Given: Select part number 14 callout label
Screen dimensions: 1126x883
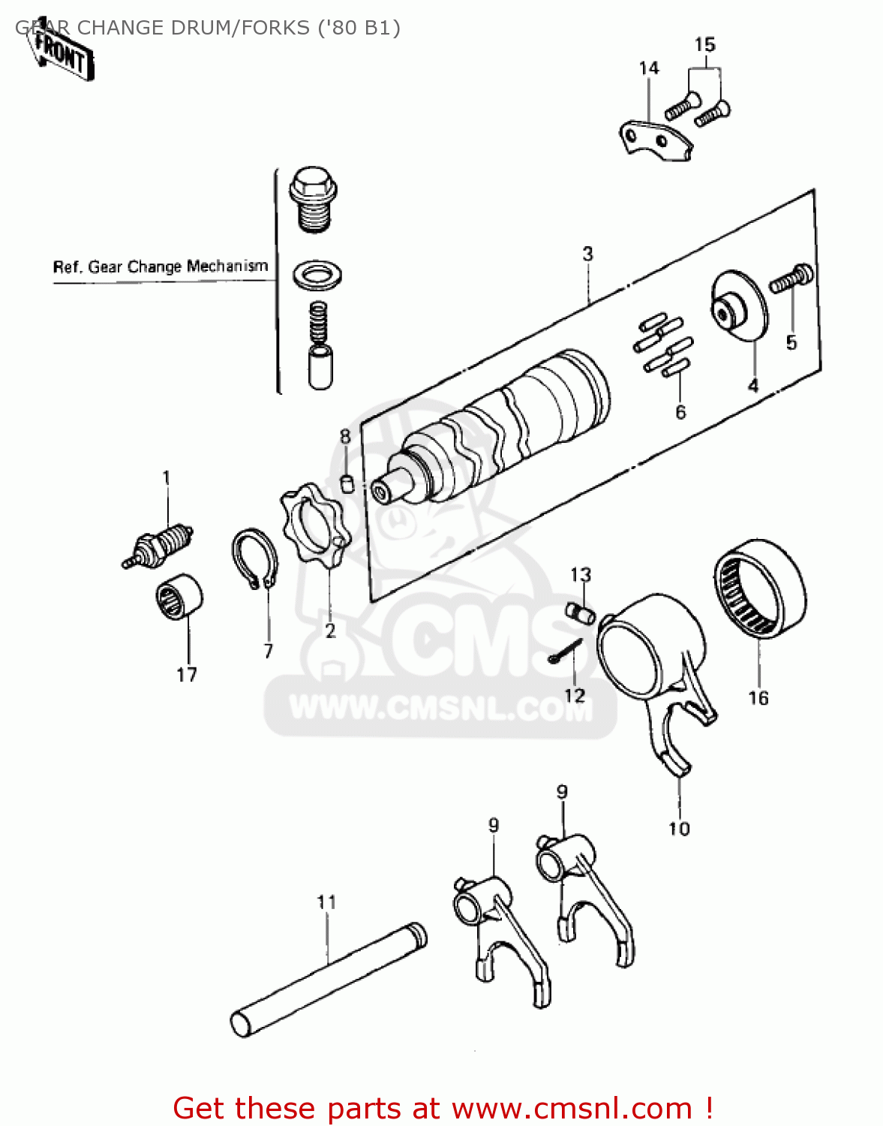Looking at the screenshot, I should (x=648, y=68).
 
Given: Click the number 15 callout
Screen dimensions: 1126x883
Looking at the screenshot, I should (x=704, y=45).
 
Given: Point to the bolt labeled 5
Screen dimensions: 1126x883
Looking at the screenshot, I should (x=791, y=279).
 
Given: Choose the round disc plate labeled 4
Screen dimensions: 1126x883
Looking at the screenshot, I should (x=739, y=309).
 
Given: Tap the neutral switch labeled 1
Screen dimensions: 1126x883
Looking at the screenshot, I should (x=160, y=543).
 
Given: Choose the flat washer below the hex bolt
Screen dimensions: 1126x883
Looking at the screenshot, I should (x=318, y=275).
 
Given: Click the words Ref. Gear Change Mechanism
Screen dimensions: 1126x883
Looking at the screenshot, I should (x=160, y=266).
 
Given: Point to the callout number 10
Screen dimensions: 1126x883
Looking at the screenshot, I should (x=678, y=828).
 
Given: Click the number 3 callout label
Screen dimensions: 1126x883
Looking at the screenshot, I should (x=587, y=254).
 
